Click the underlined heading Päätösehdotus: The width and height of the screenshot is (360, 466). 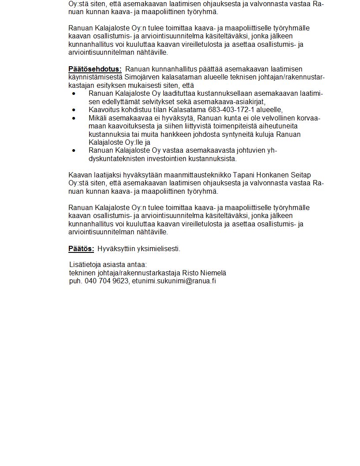pos(95,69)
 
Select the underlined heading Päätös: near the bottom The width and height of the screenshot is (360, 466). pos(81,249)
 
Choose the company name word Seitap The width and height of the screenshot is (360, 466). pos(300,175)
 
